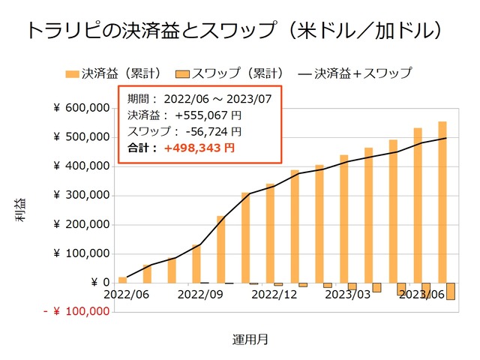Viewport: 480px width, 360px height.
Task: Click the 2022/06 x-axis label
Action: click(x=125, y=295)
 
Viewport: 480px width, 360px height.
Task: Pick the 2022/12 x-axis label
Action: click(x=274, y=295)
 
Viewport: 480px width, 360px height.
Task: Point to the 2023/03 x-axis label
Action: click(x=348, y=295)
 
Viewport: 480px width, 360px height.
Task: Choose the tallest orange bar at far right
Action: click(x=442, y=202)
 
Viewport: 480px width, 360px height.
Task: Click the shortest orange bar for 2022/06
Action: click(x=122, y=280)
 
